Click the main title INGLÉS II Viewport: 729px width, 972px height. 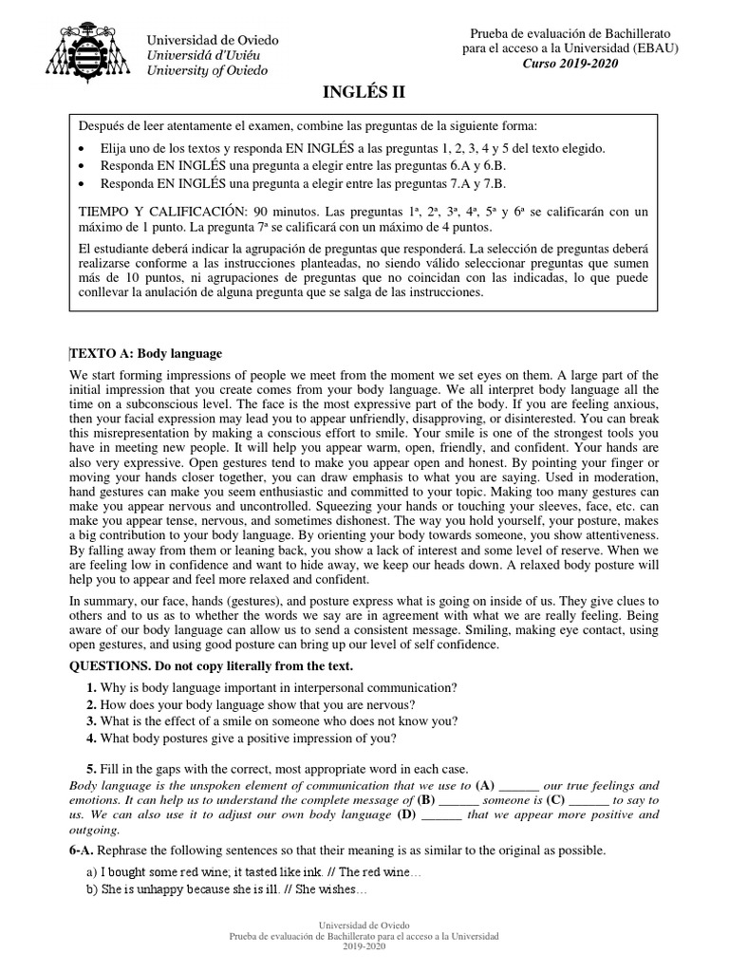(x=364, y=92)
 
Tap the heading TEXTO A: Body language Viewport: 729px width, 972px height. (x=146, y=353)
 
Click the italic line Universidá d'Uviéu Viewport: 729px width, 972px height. (x=205, y=55)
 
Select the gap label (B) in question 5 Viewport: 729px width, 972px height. (x=433, y=800)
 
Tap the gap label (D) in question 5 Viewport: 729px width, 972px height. (x=406, y=814)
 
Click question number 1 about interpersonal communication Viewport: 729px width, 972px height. (x=90, y=687)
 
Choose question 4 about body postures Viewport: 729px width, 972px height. (x=90, y=738)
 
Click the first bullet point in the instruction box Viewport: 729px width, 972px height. (x=86, y=149)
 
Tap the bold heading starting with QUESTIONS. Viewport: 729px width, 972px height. (x=217, y=664)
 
